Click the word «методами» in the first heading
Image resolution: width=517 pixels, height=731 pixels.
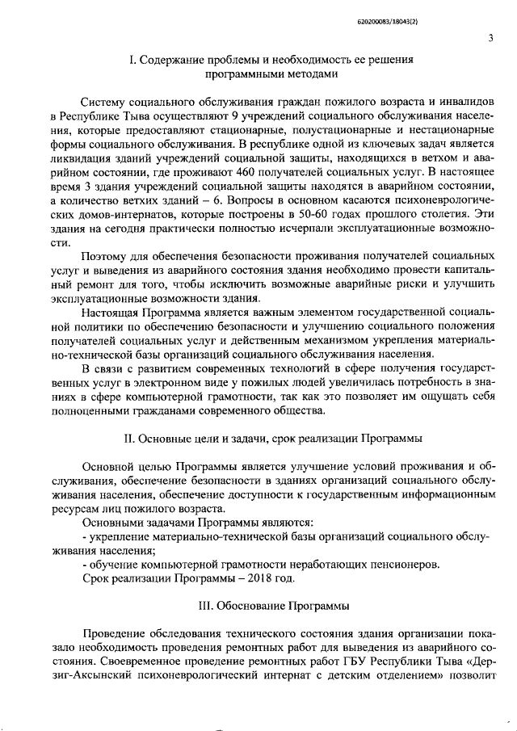click(x=301, y=73)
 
